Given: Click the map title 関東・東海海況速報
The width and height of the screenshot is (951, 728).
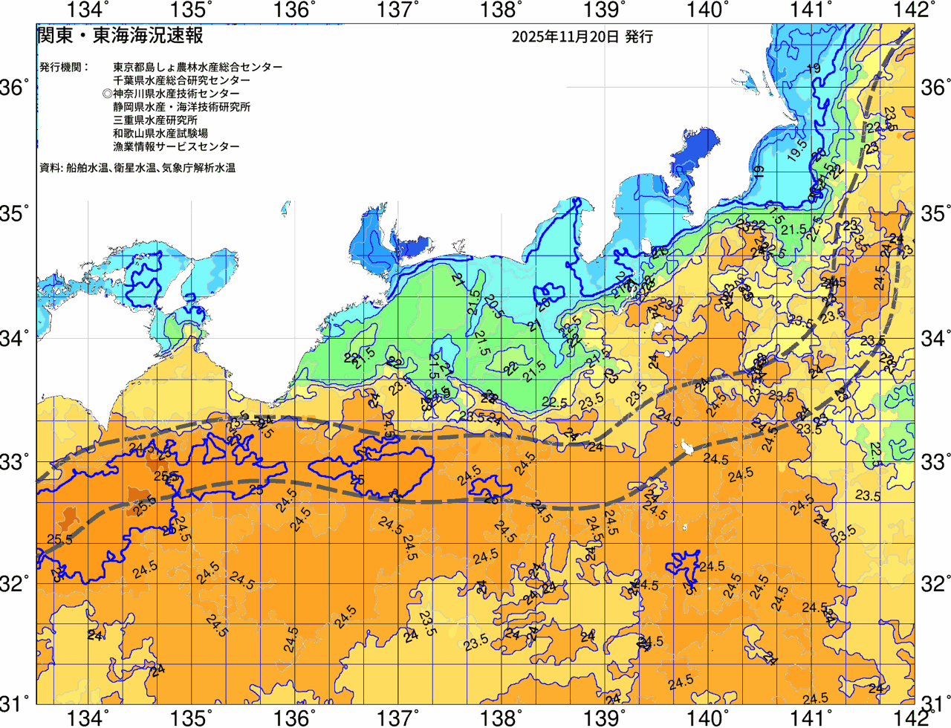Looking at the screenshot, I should [120, 36].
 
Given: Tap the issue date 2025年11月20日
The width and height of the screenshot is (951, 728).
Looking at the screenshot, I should [565, 36].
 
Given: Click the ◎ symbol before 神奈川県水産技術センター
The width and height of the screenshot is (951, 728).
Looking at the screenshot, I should [108, 94].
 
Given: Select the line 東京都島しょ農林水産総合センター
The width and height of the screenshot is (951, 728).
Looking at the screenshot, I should [198, 67].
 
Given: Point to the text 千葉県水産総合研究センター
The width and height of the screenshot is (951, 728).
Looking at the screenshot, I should [181, 80].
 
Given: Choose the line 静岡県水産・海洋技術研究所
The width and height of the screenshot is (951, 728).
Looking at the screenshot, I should [181, 107].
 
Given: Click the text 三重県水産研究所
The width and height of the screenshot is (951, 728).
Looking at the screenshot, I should [155, 120].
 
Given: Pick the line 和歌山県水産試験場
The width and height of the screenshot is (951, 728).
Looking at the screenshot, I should [160, 134].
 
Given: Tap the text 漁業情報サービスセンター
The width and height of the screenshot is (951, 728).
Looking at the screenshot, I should [176, 147].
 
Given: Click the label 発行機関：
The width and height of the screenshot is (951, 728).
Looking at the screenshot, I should [64, 67].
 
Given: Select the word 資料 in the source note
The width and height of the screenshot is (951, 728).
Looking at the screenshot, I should [50, 168].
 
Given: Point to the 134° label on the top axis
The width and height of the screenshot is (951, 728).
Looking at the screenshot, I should [88, 10].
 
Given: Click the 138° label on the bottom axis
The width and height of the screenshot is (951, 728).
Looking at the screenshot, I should [500, 718].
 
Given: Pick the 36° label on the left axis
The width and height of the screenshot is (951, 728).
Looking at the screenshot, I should [15, 88].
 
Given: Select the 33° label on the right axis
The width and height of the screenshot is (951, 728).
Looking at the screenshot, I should [935, 461].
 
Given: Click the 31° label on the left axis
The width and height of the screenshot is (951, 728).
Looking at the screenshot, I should [15, 702].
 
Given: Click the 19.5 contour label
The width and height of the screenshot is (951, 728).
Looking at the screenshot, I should [796, 149].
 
